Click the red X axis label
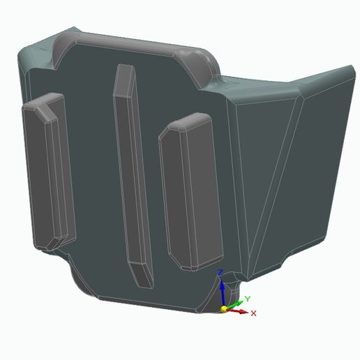click(253, 313)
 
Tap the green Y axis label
click(248, 299)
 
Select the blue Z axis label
click(220, 272)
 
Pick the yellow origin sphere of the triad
click(224, 308)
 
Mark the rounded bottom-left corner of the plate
click(80, 279)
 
